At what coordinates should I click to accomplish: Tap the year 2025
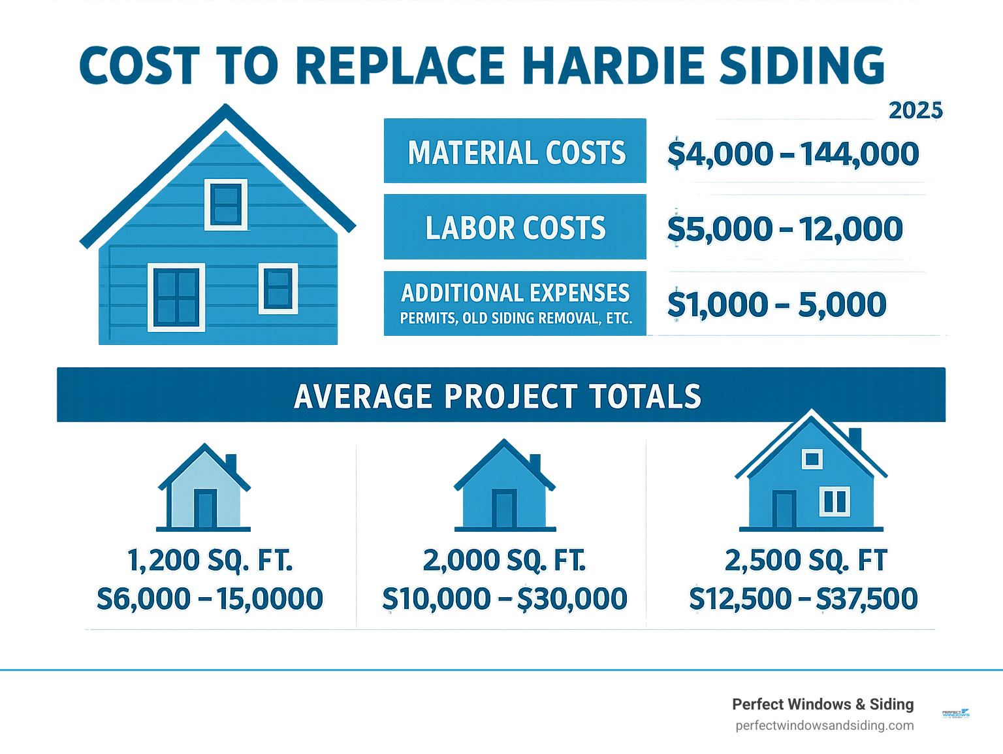point(915,110)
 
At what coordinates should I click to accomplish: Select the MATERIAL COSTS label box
point(515,151)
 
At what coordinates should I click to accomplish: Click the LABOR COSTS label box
point(515,227)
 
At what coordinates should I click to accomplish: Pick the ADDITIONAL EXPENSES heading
point(515,293)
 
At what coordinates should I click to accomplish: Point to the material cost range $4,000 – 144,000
point(793,154)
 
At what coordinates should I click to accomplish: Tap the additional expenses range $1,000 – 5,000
point(776,304)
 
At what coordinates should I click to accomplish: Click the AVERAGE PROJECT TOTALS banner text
point(498,396)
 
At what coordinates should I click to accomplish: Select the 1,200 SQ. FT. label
point(210,561)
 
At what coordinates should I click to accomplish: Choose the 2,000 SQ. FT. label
point(504,561)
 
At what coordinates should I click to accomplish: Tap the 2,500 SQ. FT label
point(806,561)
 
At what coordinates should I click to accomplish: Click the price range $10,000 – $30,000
point(504,599)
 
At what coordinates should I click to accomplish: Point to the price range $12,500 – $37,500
point(803,599)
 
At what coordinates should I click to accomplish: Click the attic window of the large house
point(226,204)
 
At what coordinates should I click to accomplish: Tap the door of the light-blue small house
point(205,508)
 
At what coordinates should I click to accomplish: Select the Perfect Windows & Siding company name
point(823,704)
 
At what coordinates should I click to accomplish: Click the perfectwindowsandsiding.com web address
point(824,725)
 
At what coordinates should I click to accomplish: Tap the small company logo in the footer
point(956,713)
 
